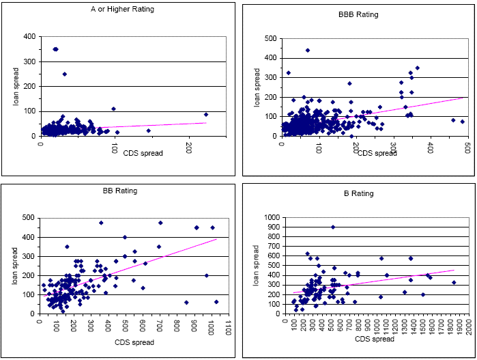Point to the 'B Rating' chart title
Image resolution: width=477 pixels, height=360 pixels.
pos(359,193)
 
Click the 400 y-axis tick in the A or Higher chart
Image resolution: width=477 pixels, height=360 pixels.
pos(30,37)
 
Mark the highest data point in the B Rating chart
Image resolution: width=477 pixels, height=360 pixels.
pos(333,227)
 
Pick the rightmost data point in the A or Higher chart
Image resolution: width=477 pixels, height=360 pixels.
pos(206,115)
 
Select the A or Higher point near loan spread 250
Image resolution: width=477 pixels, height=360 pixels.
pos(65,74)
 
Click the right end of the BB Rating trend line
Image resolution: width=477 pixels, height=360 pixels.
pos(216,239)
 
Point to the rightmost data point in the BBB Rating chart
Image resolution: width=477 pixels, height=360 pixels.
pos(462,122)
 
